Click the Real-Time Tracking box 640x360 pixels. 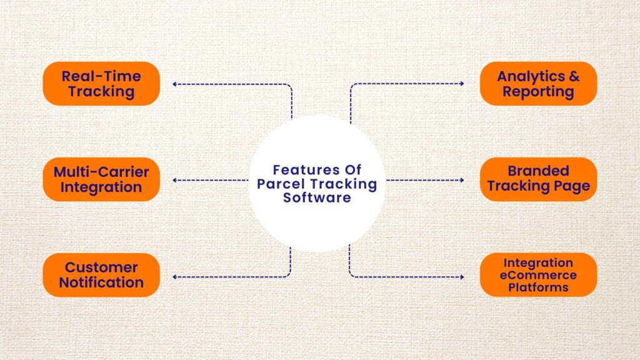pyautogui.click(x=101, y=84)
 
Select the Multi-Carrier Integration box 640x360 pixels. pyautogui.click(x=101, y=179)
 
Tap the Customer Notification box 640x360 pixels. pyautogui.click(x=101, y=275)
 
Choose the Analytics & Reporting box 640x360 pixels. pyautogui.click(x=538, y=84)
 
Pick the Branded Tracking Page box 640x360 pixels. pyautogui.click(x=538, y=179)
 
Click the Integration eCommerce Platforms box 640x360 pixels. pyautogui.click(x=538, y=275)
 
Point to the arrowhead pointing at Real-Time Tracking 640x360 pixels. pyautogui.click(x=174, y=84)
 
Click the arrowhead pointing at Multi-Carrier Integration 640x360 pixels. pyautogui.click(x=174, y=180)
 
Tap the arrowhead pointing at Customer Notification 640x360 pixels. pyautogui.click(x=174, y=276)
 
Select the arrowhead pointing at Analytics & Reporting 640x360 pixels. pyautogui.click(x=462, y=84)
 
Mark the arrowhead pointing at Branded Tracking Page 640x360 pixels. pyautogui.click(x=462, y=180)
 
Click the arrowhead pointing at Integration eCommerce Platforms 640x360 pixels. pyautogui.click(x=462, y=276)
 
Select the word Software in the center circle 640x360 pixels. pyautogui.click(x=317, y=198)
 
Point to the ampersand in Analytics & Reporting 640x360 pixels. pyautogui.click(x=574, y=77)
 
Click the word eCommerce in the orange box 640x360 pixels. pyautogui.click(x=538, y=275)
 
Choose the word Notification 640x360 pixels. pyautogui.click(x=101, y=282)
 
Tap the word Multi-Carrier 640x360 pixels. pyautogui.click(x=101, y=172)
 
